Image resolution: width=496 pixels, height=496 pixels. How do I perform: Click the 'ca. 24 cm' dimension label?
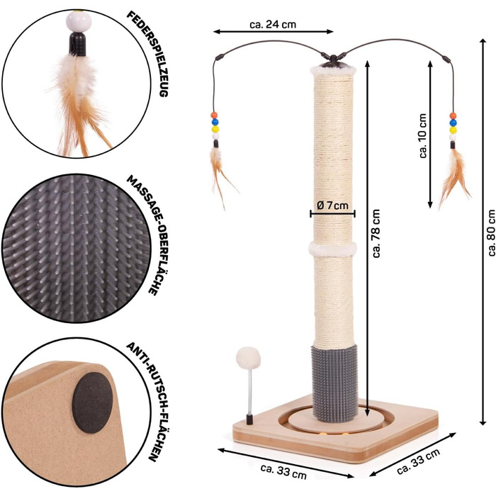(x=273, y=23)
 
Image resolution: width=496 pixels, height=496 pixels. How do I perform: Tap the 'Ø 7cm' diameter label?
(x=333, y=205)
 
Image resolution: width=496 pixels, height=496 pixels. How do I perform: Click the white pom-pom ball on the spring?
(x=249, y=356)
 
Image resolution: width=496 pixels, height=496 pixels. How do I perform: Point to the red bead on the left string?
(x=213, y=115)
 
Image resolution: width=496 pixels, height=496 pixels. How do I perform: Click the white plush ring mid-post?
(x=332, y=249)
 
